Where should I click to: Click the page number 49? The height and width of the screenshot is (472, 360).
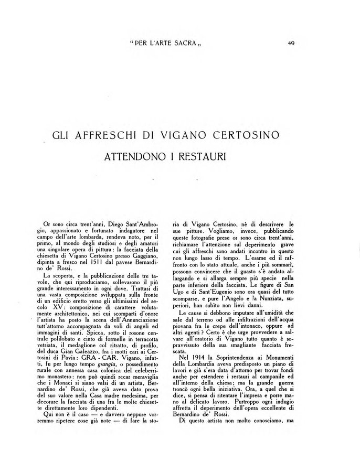point(291,44)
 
